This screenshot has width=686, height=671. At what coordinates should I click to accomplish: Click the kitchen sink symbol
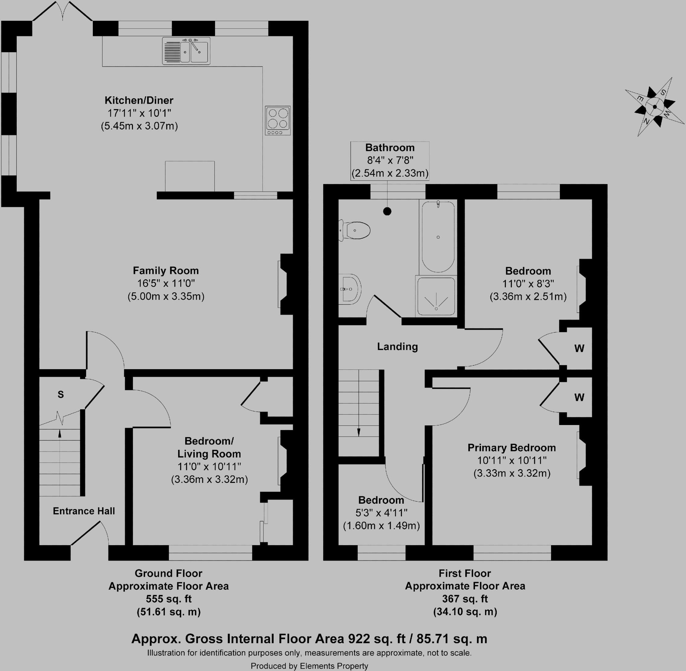(186, 51)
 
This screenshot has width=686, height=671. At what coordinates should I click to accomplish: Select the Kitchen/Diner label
(139, 100)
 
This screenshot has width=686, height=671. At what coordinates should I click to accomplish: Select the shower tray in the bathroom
(436, 297)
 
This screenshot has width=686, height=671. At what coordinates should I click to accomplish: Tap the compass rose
(655, 107)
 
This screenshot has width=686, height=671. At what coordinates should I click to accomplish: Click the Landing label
(398, 347)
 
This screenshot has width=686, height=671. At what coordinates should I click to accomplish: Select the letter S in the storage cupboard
(61, 395)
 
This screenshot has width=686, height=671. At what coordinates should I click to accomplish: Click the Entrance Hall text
(84, 511)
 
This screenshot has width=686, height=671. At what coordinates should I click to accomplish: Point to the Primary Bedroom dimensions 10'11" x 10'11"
(512, 460)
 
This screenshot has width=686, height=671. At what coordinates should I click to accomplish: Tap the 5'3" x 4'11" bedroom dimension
(381, 513)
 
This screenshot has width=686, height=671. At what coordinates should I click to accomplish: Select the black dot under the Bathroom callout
(387, 212)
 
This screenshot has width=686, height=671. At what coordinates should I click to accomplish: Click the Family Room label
(166, 271)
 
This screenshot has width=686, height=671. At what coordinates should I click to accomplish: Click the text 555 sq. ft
(168, 599)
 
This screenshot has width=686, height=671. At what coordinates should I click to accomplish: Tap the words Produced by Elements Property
(309, 666)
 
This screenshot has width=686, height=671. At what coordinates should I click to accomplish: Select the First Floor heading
(465, 573)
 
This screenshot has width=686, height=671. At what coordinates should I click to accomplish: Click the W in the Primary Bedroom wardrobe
(579, 398)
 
